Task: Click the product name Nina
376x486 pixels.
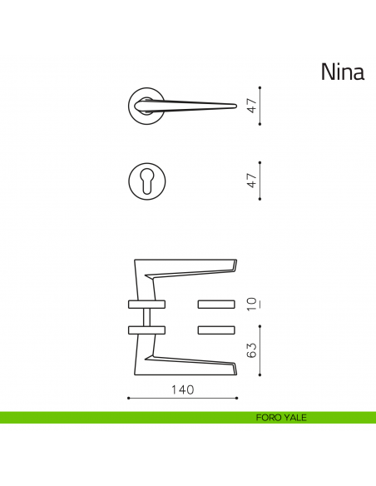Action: [x=342, y=72]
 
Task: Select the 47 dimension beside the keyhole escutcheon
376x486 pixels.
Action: [x=251, y=180]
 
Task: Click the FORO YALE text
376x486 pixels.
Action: [x=281, y=418]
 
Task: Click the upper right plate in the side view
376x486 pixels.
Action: [x=217, y=301]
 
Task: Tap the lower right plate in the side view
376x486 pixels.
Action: [x=217, y=330]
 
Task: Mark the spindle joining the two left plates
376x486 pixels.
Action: [x=147, y=315]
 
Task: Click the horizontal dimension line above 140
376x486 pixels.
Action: [x=182, y=399]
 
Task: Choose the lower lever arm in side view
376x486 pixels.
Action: [x=191, y=362]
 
